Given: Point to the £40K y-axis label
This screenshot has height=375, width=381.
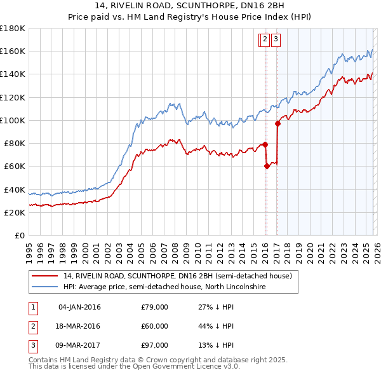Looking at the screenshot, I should coord(14,189).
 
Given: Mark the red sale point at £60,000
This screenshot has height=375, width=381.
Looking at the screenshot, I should coord(267,166).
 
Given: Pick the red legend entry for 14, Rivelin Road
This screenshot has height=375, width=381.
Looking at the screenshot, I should coord(178,276).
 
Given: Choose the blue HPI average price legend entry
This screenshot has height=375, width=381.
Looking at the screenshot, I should coord(164,287).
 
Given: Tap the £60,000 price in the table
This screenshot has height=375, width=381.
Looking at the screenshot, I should coord(154,326).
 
